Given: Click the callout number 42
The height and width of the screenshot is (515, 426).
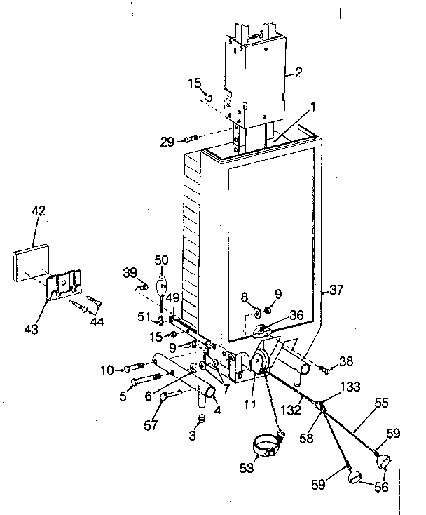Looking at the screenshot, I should (x=38, y=210).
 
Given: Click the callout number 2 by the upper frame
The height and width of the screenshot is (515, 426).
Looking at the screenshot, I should (x=298, y=72).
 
